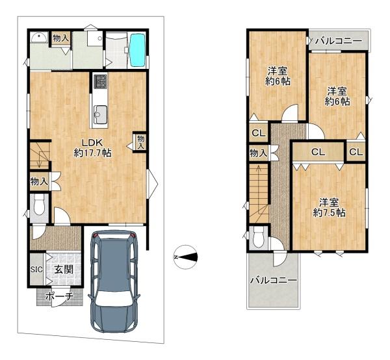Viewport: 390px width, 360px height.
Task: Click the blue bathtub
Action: (x=138, y=50)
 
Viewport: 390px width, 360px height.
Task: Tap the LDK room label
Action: (x=92, y=148)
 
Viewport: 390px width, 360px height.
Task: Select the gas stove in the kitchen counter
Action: (x=100, y=82)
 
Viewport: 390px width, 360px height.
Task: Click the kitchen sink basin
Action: (x=100, y=114)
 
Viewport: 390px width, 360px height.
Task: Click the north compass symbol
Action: (x=185, y=257)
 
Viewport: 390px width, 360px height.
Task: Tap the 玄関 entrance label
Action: (x=64, y=269)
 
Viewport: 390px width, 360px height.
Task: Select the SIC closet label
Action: (x=36, y=269)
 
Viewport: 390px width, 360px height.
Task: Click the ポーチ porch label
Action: (x=60, y=296)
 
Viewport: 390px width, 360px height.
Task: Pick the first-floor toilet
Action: (x=39, y=205)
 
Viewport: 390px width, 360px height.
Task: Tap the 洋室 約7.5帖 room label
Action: (x=329, y=207)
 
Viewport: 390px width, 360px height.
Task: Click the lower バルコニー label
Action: (x=274, y=281)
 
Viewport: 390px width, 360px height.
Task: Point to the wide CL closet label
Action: (x=318, y=152)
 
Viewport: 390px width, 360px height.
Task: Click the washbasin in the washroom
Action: (x=39, y=38)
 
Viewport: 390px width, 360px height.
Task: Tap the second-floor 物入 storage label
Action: (x=259, y=153)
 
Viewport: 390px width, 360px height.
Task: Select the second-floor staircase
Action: (x=259, y=193)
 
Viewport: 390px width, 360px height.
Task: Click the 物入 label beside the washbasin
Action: (x=61, y=38)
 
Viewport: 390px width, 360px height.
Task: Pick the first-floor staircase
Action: (x=40, y=155)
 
